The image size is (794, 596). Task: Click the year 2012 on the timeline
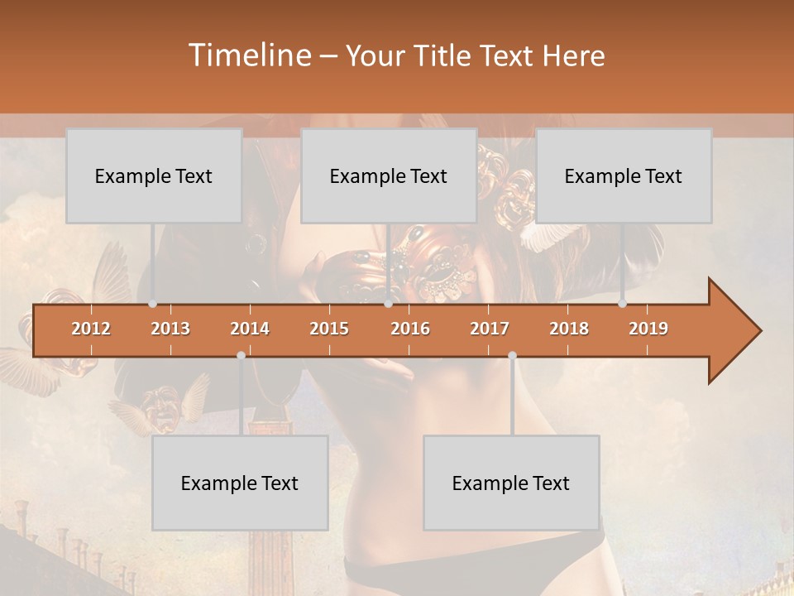(91, 329)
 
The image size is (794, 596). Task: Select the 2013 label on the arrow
(170, 329)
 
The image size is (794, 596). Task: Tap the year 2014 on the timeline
(250, 329)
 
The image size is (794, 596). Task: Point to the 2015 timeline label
(329, 329)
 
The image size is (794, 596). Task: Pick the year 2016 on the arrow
(410, 329)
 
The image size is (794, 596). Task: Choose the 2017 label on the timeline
(490, 329)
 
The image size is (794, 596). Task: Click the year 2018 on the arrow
(569, 329)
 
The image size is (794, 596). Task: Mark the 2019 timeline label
(648, 329)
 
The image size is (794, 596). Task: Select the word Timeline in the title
(249, 55)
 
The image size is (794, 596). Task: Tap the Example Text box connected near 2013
(154, 175)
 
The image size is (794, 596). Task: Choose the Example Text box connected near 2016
(389, 175)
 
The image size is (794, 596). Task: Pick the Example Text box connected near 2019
(624, 175)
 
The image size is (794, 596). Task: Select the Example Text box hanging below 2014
(240, 483)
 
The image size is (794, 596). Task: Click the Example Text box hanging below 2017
(511, 483)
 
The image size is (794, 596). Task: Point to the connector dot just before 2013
(152, 304)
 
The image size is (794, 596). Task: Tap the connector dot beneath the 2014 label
(241, 355)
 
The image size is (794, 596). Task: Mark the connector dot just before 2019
(622, 304)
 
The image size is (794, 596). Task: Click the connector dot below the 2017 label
(512, 355)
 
